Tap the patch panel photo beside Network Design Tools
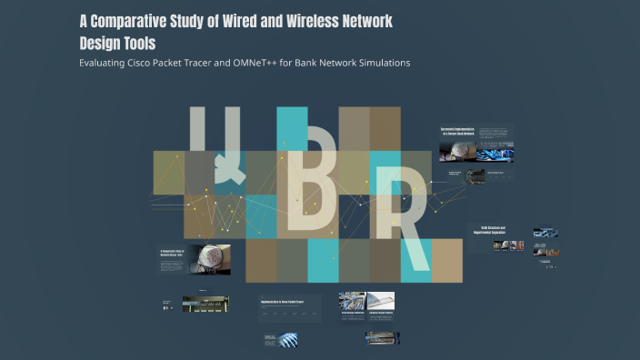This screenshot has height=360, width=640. [x=210, y=258]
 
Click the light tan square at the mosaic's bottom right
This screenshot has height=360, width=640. [x=446, y=262]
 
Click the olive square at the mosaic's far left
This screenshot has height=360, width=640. [x=168, y=173]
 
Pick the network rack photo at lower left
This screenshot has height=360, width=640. [x=199, y=304]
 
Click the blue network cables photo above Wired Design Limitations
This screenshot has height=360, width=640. [x=353, y=299]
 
